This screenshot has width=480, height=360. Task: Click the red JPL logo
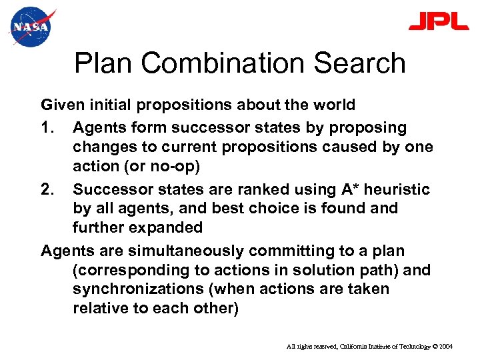439,22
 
